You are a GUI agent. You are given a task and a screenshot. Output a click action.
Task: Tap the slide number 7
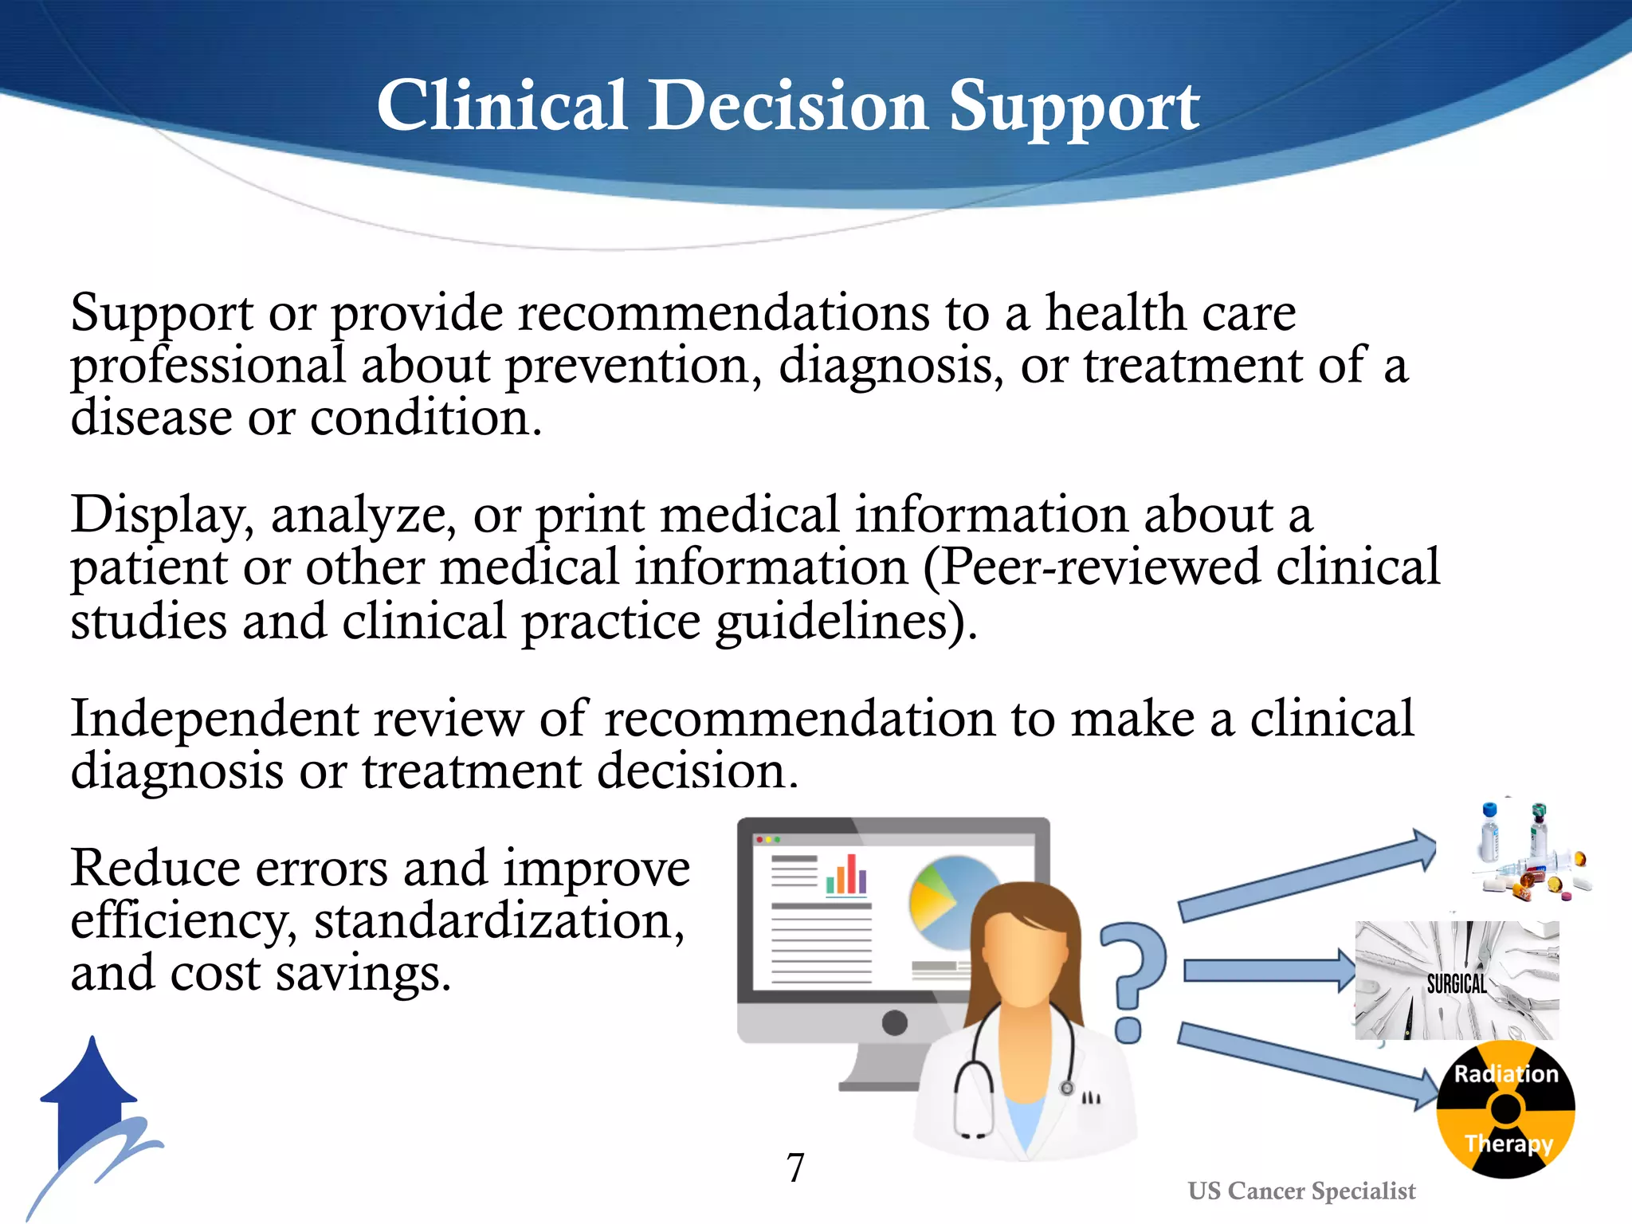click(795, 1168)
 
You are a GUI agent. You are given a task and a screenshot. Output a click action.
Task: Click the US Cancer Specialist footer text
click(1301, 1191)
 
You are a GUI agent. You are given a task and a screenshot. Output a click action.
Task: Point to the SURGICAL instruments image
click(1457, 981)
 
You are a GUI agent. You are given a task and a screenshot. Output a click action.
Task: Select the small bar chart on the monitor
click(846, 875)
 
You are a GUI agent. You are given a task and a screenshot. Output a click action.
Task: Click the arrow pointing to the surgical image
click(1267, 971)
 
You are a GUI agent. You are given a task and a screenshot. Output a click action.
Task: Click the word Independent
click(215, 719)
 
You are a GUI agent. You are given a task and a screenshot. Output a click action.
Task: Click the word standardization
click(499, 921)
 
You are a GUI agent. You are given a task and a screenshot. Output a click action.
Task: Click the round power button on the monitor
click(895, 1022)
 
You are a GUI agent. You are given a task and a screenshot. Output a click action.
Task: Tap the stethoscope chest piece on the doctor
click(1067, 1089)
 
